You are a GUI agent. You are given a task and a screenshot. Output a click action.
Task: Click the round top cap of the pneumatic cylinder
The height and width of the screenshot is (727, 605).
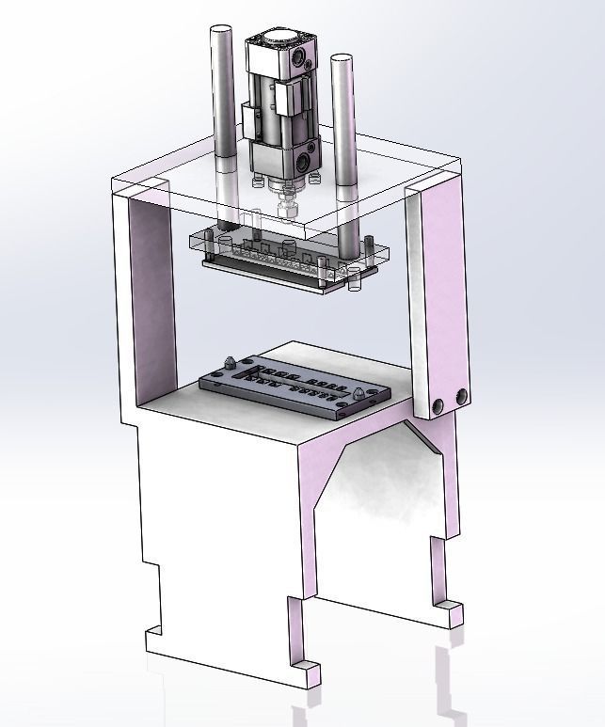pos(279,41)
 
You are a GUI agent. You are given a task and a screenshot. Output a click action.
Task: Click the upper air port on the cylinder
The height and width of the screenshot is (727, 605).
pos(300,62)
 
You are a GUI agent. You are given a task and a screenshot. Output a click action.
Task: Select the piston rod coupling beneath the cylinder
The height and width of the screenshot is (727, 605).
pos(287,201)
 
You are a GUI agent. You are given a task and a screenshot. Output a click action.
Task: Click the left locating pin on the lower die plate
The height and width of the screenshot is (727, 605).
pos(231,361)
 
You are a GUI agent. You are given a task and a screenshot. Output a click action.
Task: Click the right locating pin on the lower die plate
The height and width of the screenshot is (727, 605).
pos(359,391)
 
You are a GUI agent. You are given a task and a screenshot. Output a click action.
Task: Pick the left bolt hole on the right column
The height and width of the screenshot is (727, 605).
pos(438,406)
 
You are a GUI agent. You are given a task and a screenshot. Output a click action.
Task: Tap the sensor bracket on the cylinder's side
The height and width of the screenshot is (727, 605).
pos(256,122)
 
